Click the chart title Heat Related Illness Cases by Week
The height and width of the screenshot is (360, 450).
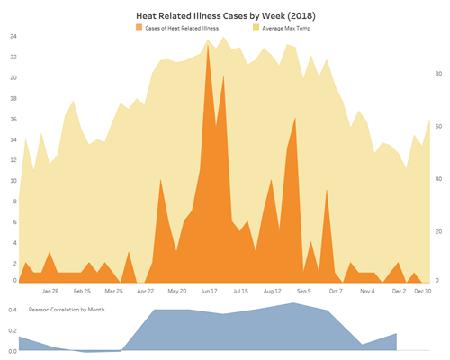click(x=225, y=16)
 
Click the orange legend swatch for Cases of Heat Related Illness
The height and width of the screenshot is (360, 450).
click(x=139, y=29)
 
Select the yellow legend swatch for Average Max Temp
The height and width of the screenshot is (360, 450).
click(x=256, y=29)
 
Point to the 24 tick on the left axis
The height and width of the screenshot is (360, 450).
click(x=13, y=36)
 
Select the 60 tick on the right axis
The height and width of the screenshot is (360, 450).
click(x=437, y=127)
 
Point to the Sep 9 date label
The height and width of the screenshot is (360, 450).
click(x=303, y=292)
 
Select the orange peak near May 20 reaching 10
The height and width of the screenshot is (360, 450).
click(x=160, y=180)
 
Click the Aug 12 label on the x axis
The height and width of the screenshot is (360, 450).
click(x=274, y=292)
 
